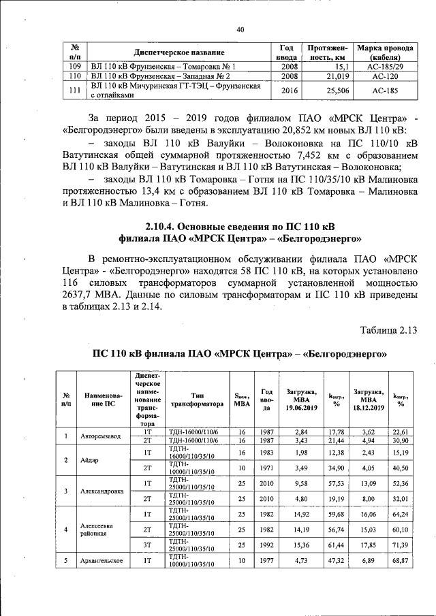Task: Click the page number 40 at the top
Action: click(x=240, y=29)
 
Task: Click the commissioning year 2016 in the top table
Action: click(x=289, y=91)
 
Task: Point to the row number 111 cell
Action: click(x=76, y=91)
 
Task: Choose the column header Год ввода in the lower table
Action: click(x=267, y=399)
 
